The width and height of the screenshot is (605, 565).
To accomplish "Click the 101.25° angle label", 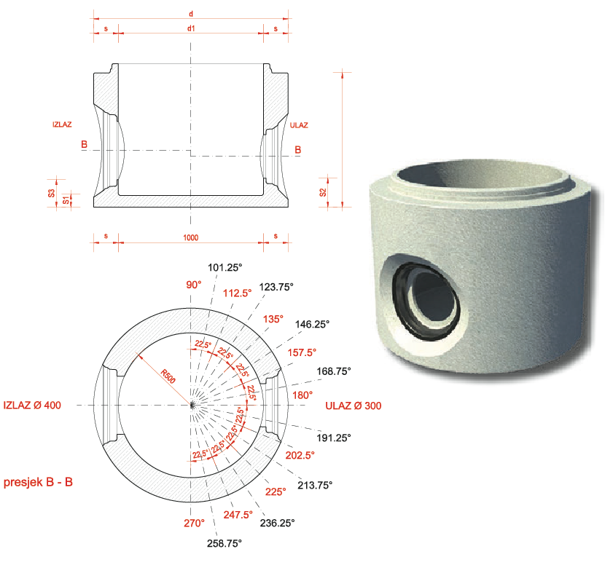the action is [x=225, y=267].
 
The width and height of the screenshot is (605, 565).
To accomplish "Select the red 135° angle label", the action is [x=273, y=319].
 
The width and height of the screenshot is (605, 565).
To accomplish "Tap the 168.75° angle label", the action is [x=334, y=371].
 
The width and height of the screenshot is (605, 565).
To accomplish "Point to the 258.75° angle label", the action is [x=225, y=543].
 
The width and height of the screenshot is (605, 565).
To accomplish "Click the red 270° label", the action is [x=194, y=523].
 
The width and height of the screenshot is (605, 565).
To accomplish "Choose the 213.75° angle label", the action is [x=315, y=485].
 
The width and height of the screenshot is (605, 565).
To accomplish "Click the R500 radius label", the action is [x=168, y=376].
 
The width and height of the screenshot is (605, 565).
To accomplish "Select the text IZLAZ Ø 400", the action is [x=32, y=405].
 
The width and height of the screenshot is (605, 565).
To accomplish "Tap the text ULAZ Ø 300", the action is [x=353, y=406].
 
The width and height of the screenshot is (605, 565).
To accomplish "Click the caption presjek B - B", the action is [x=38, y=482].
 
